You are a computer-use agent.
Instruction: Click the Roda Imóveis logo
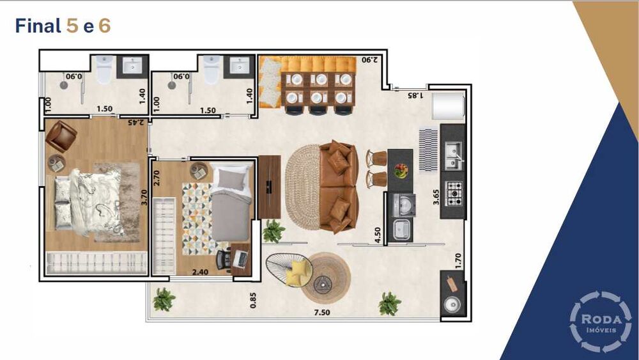point(600,321)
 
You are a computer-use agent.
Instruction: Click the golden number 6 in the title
point(104,26)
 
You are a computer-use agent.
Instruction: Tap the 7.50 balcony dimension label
point(322,313)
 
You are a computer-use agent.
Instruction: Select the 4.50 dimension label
point(378,235)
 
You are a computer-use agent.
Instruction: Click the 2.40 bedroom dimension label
point(200,272)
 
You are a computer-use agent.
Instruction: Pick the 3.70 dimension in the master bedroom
point(143,198)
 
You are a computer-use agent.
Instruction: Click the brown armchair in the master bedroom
point(61,136)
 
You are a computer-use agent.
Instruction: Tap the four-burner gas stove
point(454,193)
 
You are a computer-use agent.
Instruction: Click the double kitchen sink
point(453,155)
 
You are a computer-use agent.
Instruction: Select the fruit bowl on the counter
point(401,171)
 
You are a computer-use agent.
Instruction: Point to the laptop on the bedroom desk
point(240,260)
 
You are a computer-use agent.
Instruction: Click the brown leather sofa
point(339,187)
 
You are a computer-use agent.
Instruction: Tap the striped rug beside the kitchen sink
point(429,150)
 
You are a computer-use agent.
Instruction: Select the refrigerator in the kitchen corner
point(449,106)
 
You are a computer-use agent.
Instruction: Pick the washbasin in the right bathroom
point(239,65)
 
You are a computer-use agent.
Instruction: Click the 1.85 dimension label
point(415,95)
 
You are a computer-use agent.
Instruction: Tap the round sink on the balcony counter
point(452,304)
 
